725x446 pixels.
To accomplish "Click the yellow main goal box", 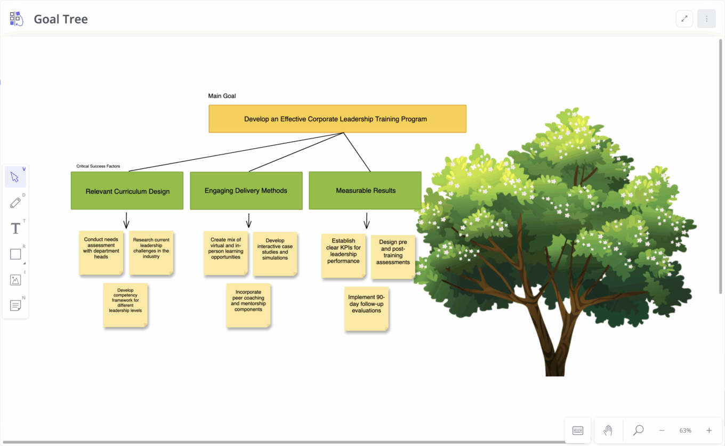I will click(337, 119).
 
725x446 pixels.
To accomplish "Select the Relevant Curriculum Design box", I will click(127, 191).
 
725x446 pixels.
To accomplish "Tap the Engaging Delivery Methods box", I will click(246, 190).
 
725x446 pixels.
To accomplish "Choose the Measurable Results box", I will click(365, 190).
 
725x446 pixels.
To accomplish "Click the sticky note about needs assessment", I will click(101, 253).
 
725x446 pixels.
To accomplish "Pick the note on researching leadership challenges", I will click(151, 253).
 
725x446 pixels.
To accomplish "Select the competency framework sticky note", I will click(125, 305).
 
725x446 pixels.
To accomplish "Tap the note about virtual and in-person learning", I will click(225, 253).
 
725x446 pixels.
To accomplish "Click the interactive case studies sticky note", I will click(275, 253).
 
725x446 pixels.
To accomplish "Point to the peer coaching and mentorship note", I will click(248, 305).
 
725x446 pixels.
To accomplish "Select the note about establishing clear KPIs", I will click(343, 255).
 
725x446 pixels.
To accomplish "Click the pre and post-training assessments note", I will click(393, 256).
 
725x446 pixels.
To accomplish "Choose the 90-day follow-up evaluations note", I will click(366, 308).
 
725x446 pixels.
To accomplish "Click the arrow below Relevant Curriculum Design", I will click(126, 220).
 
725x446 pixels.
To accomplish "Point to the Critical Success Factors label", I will click(98, 166).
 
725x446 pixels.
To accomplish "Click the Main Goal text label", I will click(222, 96).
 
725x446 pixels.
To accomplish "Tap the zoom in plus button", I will click(709, 431).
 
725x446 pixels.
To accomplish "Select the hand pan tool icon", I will click(608, 431).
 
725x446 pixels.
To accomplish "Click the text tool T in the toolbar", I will click(15, 229).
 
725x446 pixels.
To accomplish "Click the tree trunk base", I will click(554, 362).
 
